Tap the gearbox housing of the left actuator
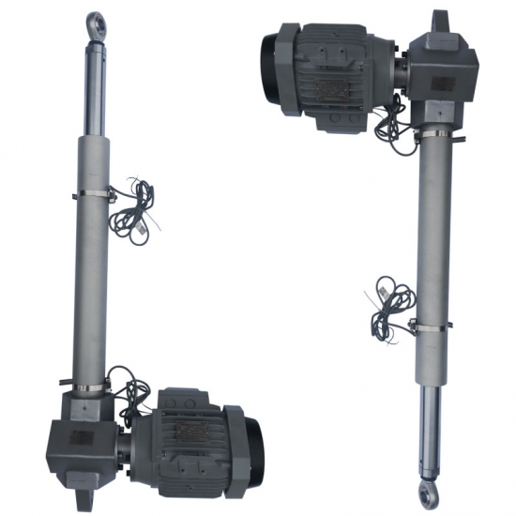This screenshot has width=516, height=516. point(88,432)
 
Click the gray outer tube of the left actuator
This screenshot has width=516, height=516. point(88,281)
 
